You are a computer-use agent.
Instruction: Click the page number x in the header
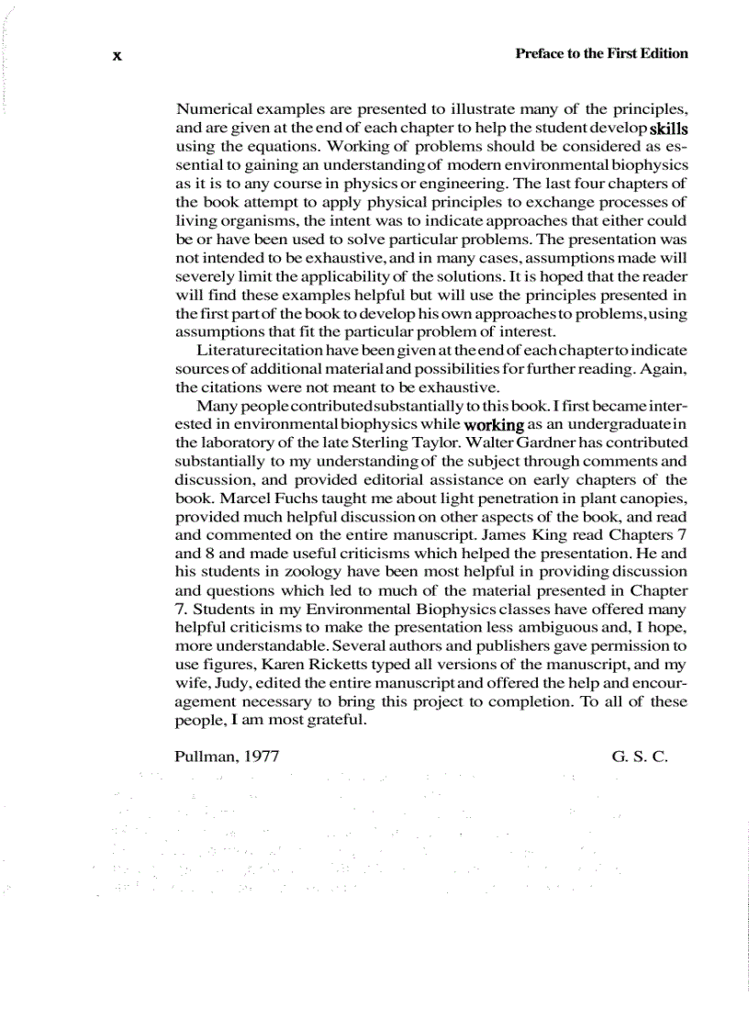click(x=117, y=55)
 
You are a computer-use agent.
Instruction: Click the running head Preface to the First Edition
click(x=602, y=53)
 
